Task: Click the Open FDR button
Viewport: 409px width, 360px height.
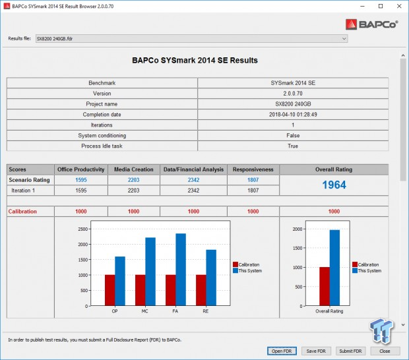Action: click(x=282, y=351)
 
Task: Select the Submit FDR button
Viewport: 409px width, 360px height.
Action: click(x=350, y=351)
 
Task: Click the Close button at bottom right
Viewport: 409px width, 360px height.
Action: click(x=385, y=351)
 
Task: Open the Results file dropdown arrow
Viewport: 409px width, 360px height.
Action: click(x=344, y=38)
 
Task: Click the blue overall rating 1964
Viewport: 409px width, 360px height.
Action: click(x=334, y=185)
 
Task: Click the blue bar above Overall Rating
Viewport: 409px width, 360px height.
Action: click(x=334, y=266)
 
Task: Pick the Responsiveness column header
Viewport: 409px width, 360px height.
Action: click(x=253, y=169)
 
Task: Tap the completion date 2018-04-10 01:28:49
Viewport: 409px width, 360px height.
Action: click(x=293, y=114)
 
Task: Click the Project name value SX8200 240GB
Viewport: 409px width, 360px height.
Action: click(x=293, y=104)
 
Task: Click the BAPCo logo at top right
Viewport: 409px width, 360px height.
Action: click(x=373, y=24)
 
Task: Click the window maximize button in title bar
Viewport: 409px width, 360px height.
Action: click(x=378, y=6)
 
